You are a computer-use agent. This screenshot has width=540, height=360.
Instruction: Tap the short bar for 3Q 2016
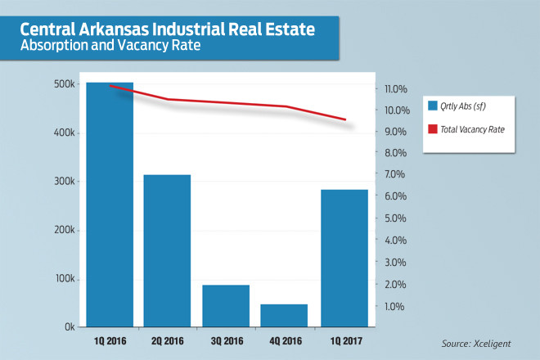[x=227, y=306]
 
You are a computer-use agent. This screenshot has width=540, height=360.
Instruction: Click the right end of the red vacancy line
[x=345, y=120]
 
